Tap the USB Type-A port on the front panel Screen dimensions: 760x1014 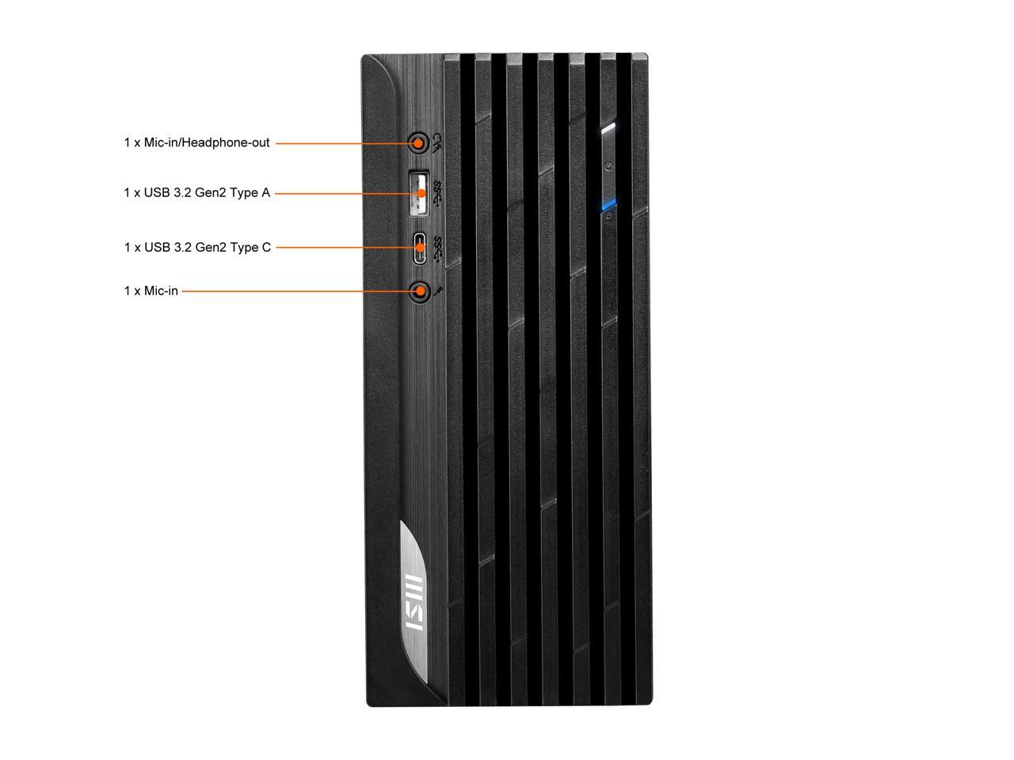coord(419,192)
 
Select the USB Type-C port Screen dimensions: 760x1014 coord(419,247)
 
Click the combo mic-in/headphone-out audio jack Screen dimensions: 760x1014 coord(417,143)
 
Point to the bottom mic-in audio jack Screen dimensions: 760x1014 coord(419,291)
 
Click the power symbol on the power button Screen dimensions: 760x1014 coord(608,166)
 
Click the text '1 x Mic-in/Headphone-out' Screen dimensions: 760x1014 coord(196,143)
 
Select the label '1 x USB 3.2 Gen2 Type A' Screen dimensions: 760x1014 coord(196,192)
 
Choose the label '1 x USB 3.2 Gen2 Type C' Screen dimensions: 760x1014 coord(197,247)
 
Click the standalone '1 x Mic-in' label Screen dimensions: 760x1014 coord(151,291)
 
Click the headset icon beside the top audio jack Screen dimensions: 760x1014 coord(436,142)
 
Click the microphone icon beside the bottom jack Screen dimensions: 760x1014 coord(439,291)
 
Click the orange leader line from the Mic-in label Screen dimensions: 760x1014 coord(297,291)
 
